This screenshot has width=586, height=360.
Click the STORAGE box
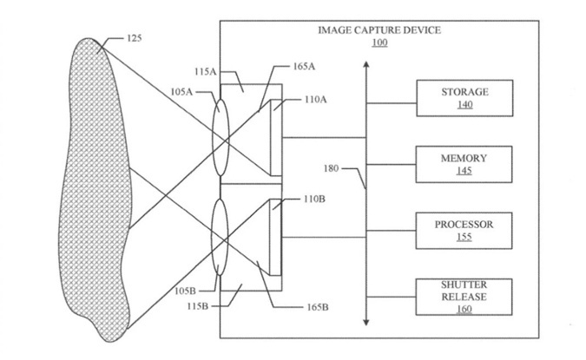click(464, 98)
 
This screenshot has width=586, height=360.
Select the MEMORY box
click(464, 164)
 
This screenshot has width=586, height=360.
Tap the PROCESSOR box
click(464, 231)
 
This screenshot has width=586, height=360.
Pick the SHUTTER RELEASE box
click(464, 297)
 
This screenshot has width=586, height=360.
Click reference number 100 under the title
click(379, 43)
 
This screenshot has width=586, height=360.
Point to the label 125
click(135, 38)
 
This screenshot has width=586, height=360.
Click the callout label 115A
click(206, 71)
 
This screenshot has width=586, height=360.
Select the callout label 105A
click(181, 91)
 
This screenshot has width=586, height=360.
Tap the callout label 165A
click(304, 67)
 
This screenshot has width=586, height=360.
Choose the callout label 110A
click(315, 100)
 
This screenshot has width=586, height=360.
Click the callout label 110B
click(314, 199)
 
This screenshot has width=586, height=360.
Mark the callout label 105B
click(186, 291)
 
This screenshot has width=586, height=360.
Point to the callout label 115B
click(198, 306)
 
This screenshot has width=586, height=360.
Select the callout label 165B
click(318, 307)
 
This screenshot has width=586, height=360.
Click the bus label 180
click(331, 168)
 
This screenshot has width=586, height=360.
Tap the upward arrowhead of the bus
click(366, 64)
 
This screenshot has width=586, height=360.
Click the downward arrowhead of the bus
click(366, 323)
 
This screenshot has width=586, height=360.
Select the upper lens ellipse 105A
click(221, 137)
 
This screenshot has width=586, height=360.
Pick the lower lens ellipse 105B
click(220, 238)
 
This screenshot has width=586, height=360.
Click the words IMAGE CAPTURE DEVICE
click(379, 30)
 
